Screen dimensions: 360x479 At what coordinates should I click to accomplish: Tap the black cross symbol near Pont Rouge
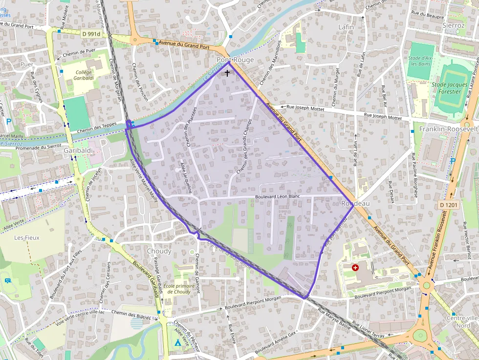(x=227, y=73)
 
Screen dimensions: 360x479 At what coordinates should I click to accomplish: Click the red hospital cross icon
(x=355, y=268)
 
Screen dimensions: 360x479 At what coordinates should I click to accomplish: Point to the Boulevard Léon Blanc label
(x=277, y=197)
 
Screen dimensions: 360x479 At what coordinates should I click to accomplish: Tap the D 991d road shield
(x=91, y=34)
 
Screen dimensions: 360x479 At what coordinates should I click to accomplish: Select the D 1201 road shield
(x=448, y=205)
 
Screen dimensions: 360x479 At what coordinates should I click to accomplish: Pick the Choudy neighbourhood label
(x=159, y=251)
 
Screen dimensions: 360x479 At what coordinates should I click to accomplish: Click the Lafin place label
(x=346, y=27)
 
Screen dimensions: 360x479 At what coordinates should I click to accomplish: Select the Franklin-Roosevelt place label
(x=449, y=129)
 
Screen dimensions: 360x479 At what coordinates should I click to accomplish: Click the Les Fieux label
(x=26, y=238)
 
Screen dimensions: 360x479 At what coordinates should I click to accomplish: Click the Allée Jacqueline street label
(x=186, y=178)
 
